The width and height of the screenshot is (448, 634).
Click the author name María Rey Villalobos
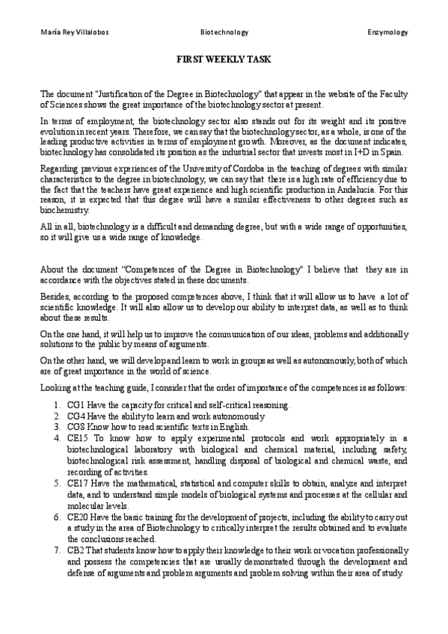pos(69,33)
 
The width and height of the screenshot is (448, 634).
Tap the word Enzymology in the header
pos(387,33)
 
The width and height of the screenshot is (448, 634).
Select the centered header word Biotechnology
pos(224,33)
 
